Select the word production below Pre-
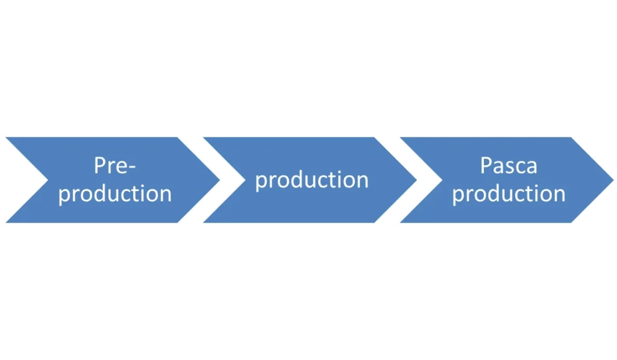[115, 194]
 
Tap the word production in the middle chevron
[312, 180]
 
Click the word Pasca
[508, 166]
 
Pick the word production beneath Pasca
[509, 194]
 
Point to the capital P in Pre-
[99, 166]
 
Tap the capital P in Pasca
[486, 166]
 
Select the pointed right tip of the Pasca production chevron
[613, 179]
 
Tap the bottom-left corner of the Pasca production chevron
[399, 223]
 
